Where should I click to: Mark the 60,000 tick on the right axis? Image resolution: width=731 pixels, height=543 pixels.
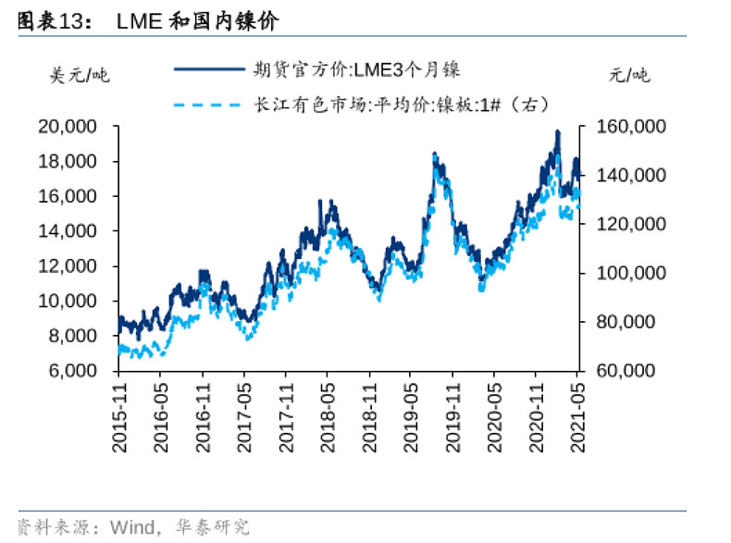[630, 370]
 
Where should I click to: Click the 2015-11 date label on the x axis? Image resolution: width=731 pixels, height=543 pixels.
[118, 417]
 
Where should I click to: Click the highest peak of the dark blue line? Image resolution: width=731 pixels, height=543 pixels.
[557, 132]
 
